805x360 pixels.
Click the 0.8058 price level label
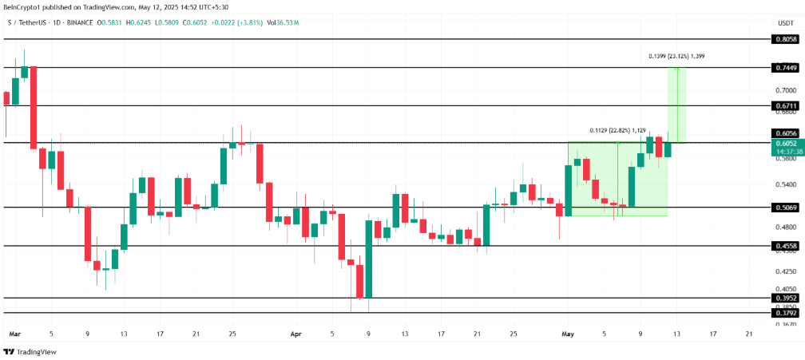coord(786,38)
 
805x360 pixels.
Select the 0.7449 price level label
coord(786,68)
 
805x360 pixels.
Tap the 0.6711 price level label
coord(786,105)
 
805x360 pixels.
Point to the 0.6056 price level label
coord(786,133)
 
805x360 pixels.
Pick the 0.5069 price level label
coord(786,208)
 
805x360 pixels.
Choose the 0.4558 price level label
coord(786,246)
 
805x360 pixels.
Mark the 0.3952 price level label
coord(786,298)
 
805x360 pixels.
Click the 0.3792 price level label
coord(786,313)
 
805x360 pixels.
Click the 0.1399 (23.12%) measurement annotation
coord(676,57)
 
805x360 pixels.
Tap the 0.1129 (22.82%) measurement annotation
coord(618,129)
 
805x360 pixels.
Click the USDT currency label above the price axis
coord(786,24)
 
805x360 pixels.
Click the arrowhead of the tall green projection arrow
coord(677,69)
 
